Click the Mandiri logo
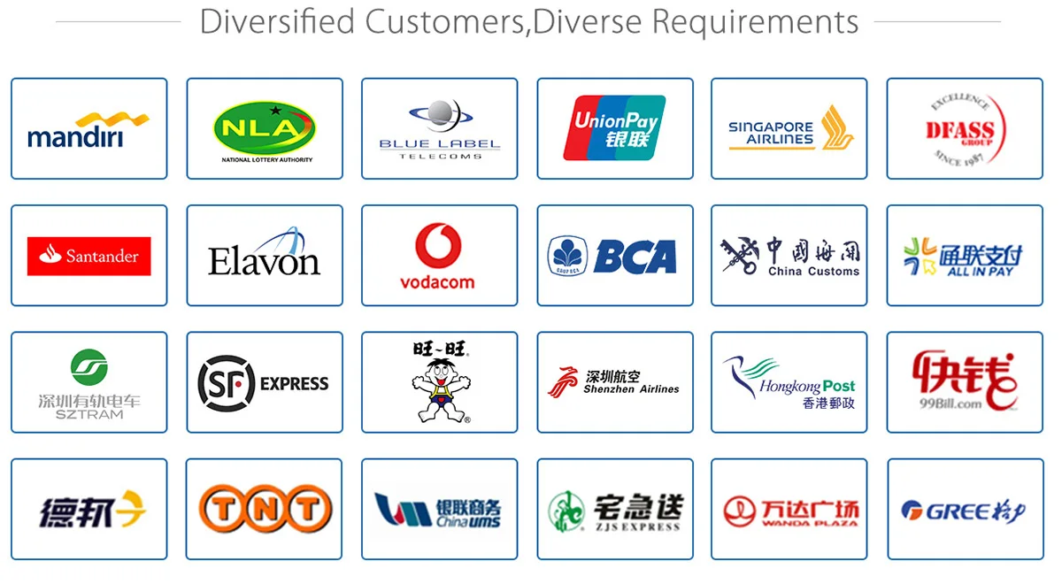88,129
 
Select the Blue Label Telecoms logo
440,129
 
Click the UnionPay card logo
614,127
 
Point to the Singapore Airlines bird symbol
837,127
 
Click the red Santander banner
88,256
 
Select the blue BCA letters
635,256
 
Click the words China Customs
813,272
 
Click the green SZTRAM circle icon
88,366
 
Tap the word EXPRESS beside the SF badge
294,384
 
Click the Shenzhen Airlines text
631,389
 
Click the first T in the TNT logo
222,510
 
